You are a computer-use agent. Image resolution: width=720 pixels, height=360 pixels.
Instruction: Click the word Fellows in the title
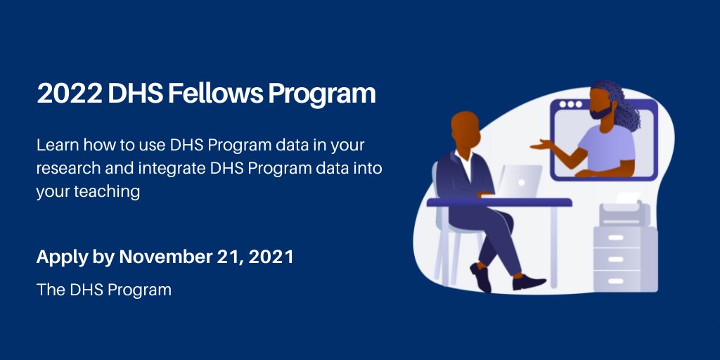coord(215,94)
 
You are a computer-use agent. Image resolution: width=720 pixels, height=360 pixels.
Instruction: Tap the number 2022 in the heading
coord(70,94)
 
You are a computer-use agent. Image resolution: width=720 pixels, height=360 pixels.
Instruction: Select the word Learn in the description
coord(54,145)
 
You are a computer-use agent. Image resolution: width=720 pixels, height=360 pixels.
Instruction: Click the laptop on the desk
coord(520,181)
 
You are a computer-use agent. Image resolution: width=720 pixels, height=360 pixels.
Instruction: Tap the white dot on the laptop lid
coord(522,182)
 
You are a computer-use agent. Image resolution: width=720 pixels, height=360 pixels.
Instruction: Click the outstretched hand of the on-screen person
coord(541,145)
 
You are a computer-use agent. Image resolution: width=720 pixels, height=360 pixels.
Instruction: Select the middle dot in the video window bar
coord(570,104)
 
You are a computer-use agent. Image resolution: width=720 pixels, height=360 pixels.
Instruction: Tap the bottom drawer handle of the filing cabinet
coord(615,281)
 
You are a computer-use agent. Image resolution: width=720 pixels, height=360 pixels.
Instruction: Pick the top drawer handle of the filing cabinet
coord(615,238)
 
